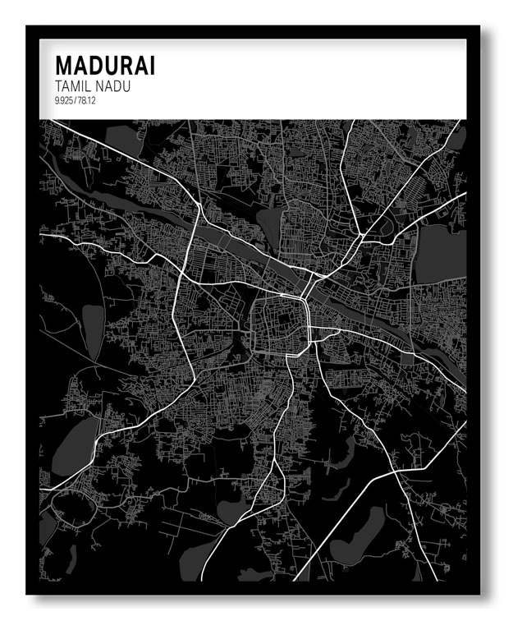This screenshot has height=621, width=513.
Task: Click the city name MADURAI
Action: tap(104, 65)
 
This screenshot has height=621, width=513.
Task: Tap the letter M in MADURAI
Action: tap(63, 65)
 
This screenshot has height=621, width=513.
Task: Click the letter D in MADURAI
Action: tap(95, 65)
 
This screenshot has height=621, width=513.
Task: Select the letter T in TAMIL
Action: tap(57, 85)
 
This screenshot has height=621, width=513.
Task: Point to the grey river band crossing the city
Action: tap(246, 246)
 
